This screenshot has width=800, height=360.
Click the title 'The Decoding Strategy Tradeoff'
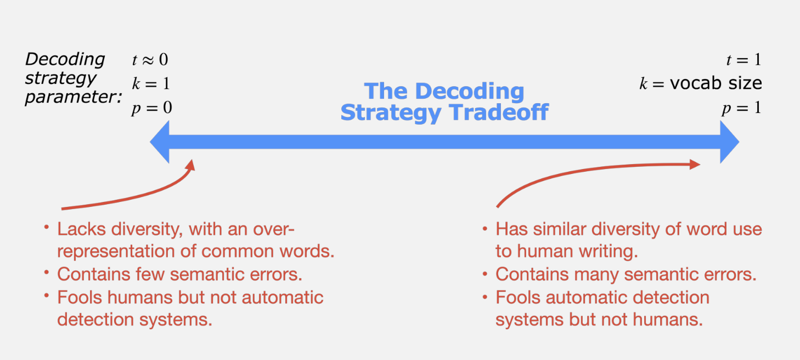pos(444,102)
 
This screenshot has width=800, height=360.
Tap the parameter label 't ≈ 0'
pos(150,59)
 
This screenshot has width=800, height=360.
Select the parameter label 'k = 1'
pos(150,83)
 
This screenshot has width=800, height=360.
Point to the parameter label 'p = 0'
pos(151,108)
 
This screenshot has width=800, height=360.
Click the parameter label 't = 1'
pos(743,59)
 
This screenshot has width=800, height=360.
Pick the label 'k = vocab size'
pos(700,83)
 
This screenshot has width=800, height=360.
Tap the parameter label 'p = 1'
pos(741,108)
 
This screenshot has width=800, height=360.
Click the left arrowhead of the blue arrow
pos(161,142)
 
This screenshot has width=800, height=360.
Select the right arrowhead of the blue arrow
pos(729,142)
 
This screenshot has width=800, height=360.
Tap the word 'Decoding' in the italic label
pos(65,59)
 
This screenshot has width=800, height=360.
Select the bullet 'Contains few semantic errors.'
pos(179,274)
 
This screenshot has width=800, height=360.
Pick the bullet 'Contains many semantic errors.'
pos(626,274)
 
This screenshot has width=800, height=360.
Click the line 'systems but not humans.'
pos(599,319)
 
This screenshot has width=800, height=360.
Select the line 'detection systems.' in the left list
pos(134,319)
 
